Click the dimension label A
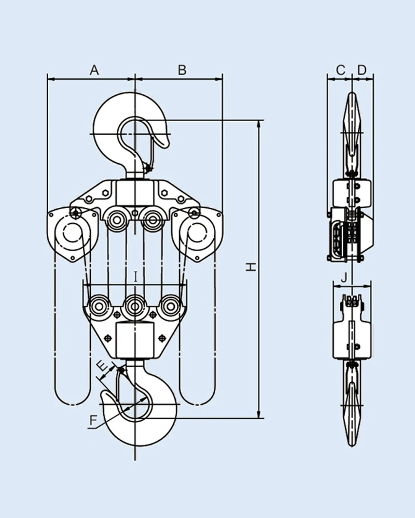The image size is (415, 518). tap(94, 70)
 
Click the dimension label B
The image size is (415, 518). tap(182, 70)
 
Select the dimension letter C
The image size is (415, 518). tap(340, 69)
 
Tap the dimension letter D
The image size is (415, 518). tap(362, 69)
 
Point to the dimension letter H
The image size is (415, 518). tap(251, 267)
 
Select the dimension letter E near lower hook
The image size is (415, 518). tap(105, 368)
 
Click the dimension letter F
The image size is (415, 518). tap(93, 421)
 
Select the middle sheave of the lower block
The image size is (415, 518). tap(135, 306)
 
